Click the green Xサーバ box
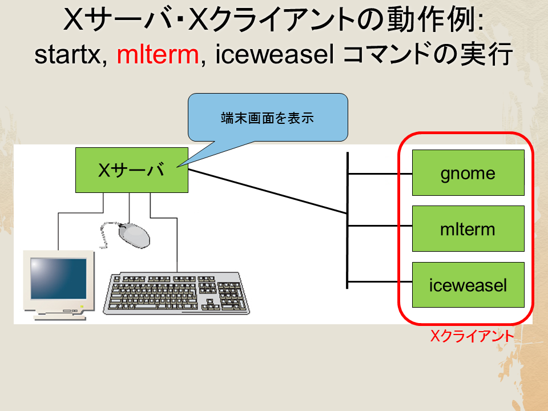pos(132,170)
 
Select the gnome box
pos(468,172)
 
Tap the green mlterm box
pos(468,228)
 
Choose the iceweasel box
pos(468,285)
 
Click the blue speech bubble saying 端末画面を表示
pos(268,118)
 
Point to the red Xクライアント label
pos(472,336)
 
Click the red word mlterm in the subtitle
pos(158,55)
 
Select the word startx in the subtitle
pos(68,55)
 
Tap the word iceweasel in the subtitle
pos(275,55)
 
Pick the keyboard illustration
pos(176,293)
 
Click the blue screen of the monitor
pos(58,279)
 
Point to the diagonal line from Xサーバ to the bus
pos(268,192)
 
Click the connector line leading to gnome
pos(380,174)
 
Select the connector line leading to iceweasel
pos(380,281)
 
